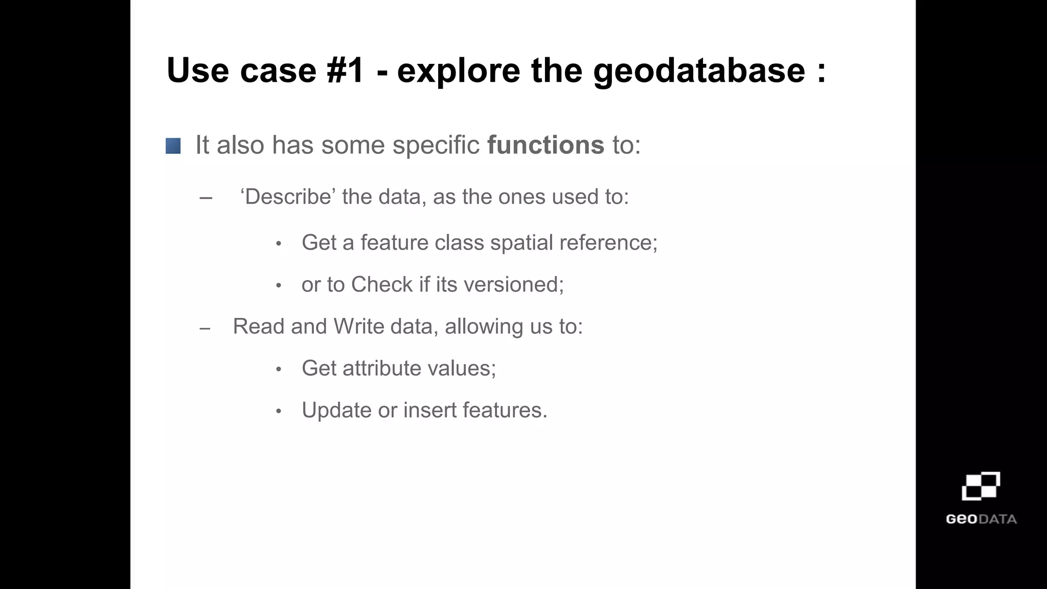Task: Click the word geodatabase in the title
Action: pyautogui.click(x=699, y=71)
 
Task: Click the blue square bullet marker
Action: pyautogui.click(x=173, y=146)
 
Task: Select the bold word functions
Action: pyautogui.click(x=545, y=145)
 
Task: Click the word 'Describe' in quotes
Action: pyautogui.click(x=287, y=197)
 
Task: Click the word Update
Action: pyautogui.click(x=336, y=410)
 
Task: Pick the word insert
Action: pyautogui.click(x=429, y=410)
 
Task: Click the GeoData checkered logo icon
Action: pyautogui.click(x=981, y=486)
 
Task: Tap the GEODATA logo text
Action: pyautogui.click(x=981, y=519)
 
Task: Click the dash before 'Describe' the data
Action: pyautogui.click(x=206, y=198)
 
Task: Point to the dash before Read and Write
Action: pyautogui.click(x=205, y=328)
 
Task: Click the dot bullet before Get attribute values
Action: pyautogui.click(x=279, y=369)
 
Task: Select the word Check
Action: pyautogui.click(x=382, y=284)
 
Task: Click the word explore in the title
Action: pyautogui.click(x=458, y=71)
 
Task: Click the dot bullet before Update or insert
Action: pyautogui.click(x=279, y=411)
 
